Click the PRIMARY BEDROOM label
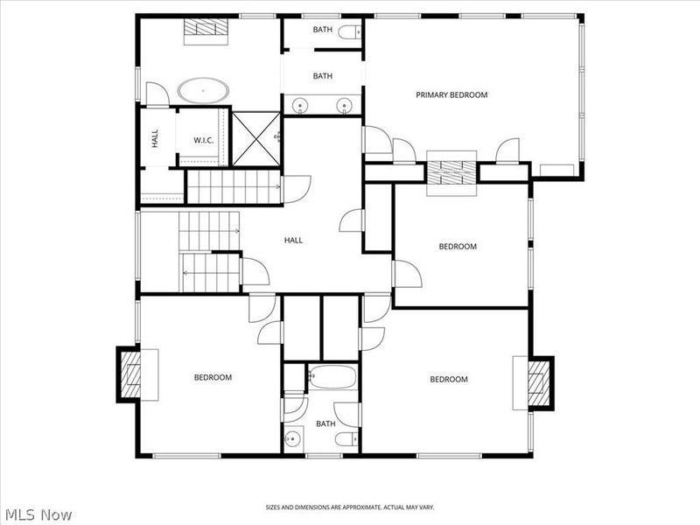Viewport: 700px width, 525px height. click(x=451, y=94)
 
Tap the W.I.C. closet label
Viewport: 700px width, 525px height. click(x=204, y=140)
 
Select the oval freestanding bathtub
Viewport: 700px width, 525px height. click(x=204, y=91)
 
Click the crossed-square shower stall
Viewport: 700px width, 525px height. click(x=256, y=139)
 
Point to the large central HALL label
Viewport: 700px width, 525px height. click(x=293, y=240)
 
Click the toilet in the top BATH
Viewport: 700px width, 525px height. click(x=349, y=32)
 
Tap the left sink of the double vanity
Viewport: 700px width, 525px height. click(x=300, y=106)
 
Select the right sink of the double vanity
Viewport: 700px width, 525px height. click(x=344, y=106)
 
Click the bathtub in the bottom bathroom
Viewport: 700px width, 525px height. click(x=332, y=377)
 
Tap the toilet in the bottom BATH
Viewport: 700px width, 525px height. click(x=346, y=439)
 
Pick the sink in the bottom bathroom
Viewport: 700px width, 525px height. click(x=293, y=439)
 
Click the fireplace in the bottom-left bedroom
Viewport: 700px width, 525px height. click(x=129, y=374)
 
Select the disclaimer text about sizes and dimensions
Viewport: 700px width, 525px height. click(x=349, y=507)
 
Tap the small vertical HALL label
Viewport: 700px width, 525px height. click(x=155, y=138)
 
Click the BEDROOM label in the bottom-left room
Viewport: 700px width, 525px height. click(x=213, y=377)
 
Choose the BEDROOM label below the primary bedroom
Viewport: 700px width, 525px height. click(x=458, y=246)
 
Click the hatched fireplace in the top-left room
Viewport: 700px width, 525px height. click(x=206, y=28)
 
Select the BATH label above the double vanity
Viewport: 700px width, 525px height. click(x=322, y=76)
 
